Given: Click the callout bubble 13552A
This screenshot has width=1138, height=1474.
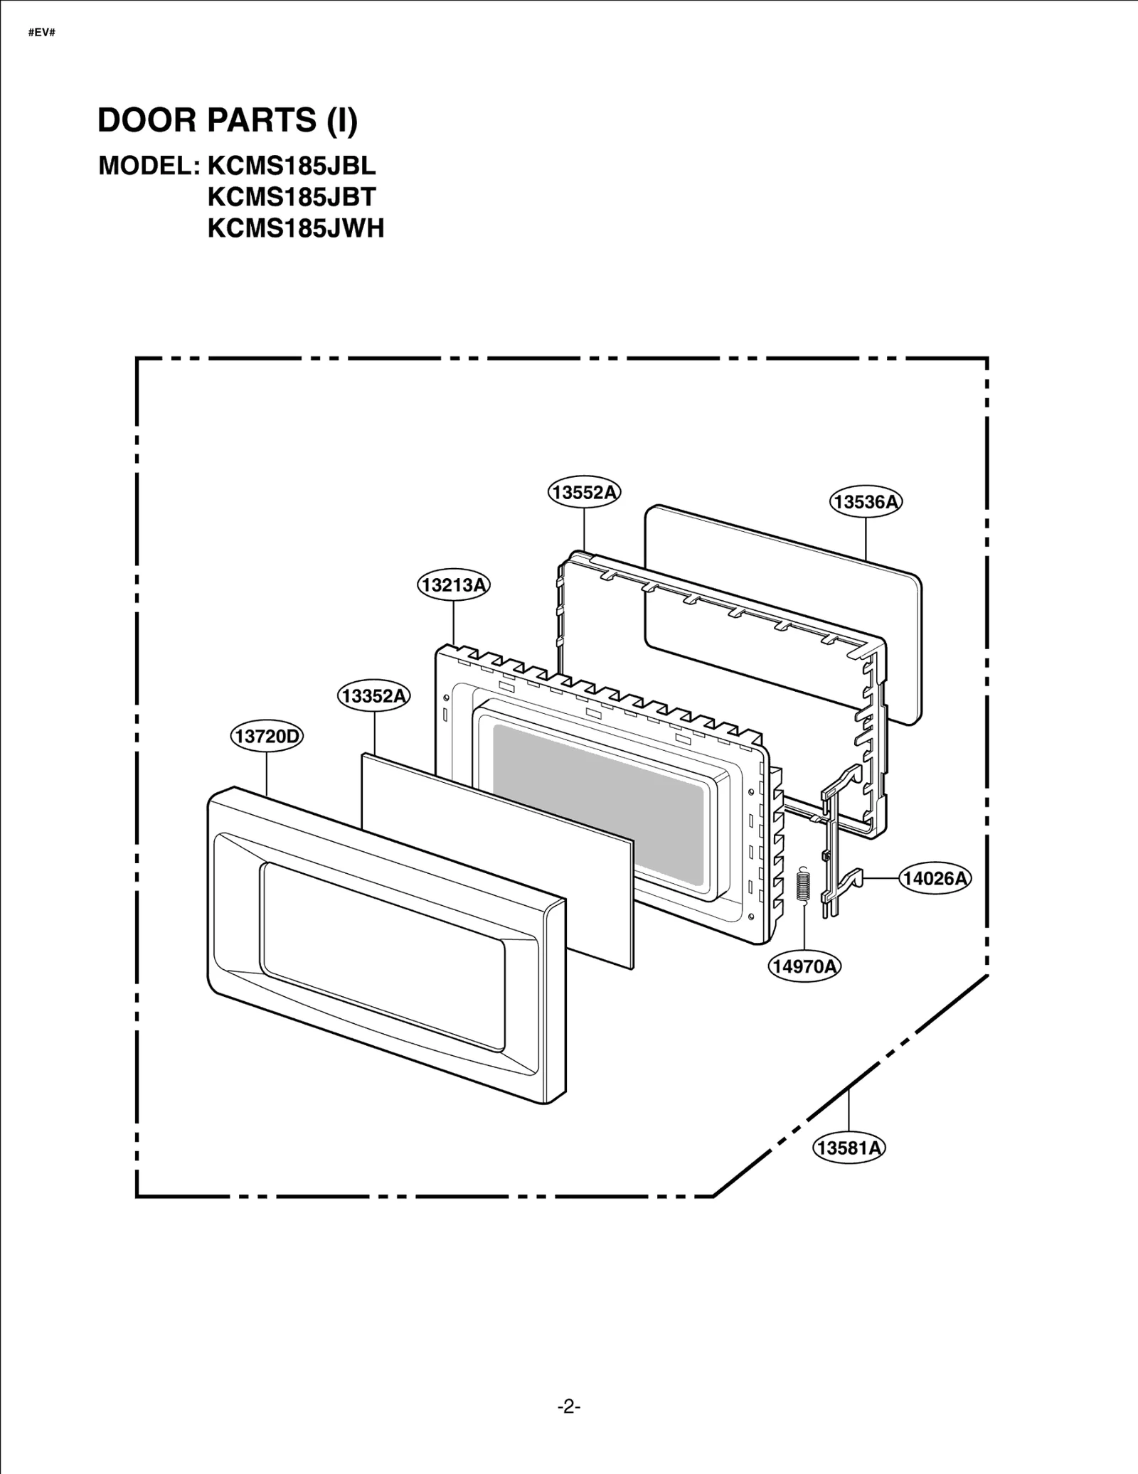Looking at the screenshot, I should (584, 492).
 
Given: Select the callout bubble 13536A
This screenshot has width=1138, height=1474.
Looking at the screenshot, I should (866, 502).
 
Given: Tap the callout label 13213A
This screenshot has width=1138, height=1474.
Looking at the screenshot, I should (453, 585).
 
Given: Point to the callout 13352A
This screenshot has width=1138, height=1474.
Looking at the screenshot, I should (373, 695).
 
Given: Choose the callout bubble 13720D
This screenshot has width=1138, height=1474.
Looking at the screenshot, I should (267, 736).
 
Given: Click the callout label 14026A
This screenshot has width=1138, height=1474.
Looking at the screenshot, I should (935, 878).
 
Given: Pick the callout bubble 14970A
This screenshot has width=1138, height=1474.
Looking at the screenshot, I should (804, 966).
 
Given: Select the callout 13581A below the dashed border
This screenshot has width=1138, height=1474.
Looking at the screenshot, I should (849, 1147).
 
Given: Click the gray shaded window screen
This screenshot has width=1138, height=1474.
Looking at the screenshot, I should (597, 803).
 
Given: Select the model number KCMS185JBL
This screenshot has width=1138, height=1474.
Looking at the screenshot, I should (292, 166).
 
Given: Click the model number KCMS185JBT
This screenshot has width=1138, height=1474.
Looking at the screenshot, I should (292, 197).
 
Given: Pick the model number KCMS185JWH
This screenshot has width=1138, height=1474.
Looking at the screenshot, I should (296, 228).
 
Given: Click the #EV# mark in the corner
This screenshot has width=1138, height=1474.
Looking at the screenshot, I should (42, 33).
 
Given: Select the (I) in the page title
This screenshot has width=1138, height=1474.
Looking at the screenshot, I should (341, 120).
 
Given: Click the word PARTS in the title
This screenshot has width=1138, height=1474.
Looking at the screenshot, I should (261, 120).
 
